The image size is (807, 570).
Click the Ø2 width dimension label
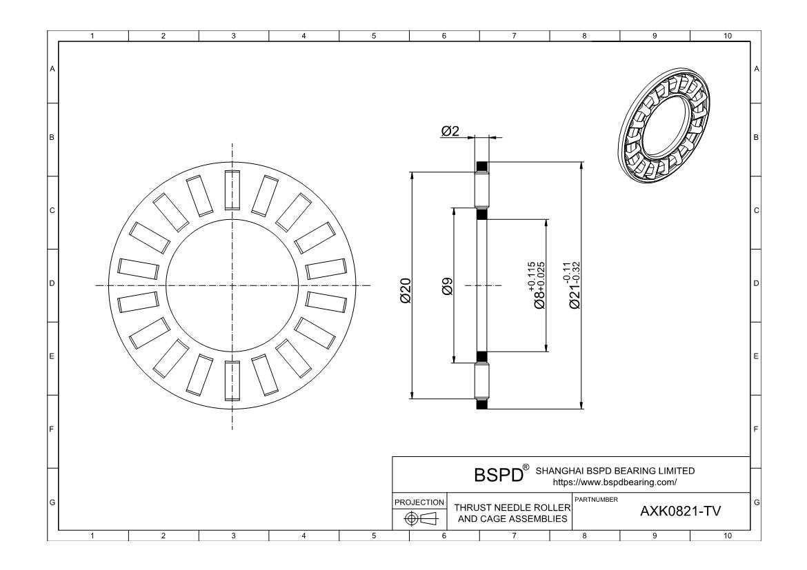[450, 131]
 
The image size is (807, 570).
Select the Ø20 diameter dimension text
[406, 291]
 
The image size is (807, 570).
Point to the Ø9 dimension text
[447, 286]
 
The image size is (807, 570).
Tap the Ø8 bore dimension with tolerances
[537, 285]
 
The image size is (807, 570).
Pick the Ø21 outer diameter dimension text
[571, 285]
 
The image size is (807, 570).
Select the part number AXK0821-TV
[680, 511]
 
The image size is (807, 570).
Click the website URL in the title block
[615, 482]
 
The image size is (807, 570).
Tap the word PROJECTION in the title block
[419, 502]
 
